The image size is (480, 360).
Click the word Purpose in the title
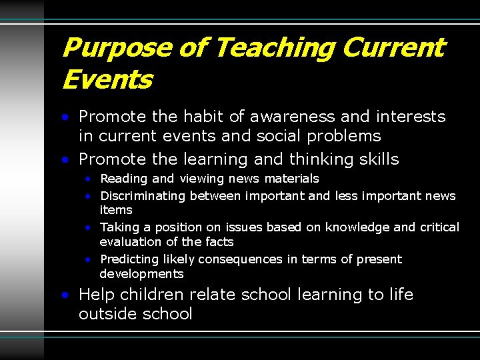(x=107, y=48)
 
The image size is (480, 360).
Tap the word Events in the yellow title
(x=107, y=80)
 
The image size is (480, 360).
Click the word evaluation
(x=131, y=242)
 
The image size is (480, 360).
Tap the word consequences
(x=243, y=259)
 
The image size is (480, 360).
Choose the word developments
(x=141, y=274)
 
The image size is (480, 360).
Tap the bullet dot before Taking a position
(x=88, y=227)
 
